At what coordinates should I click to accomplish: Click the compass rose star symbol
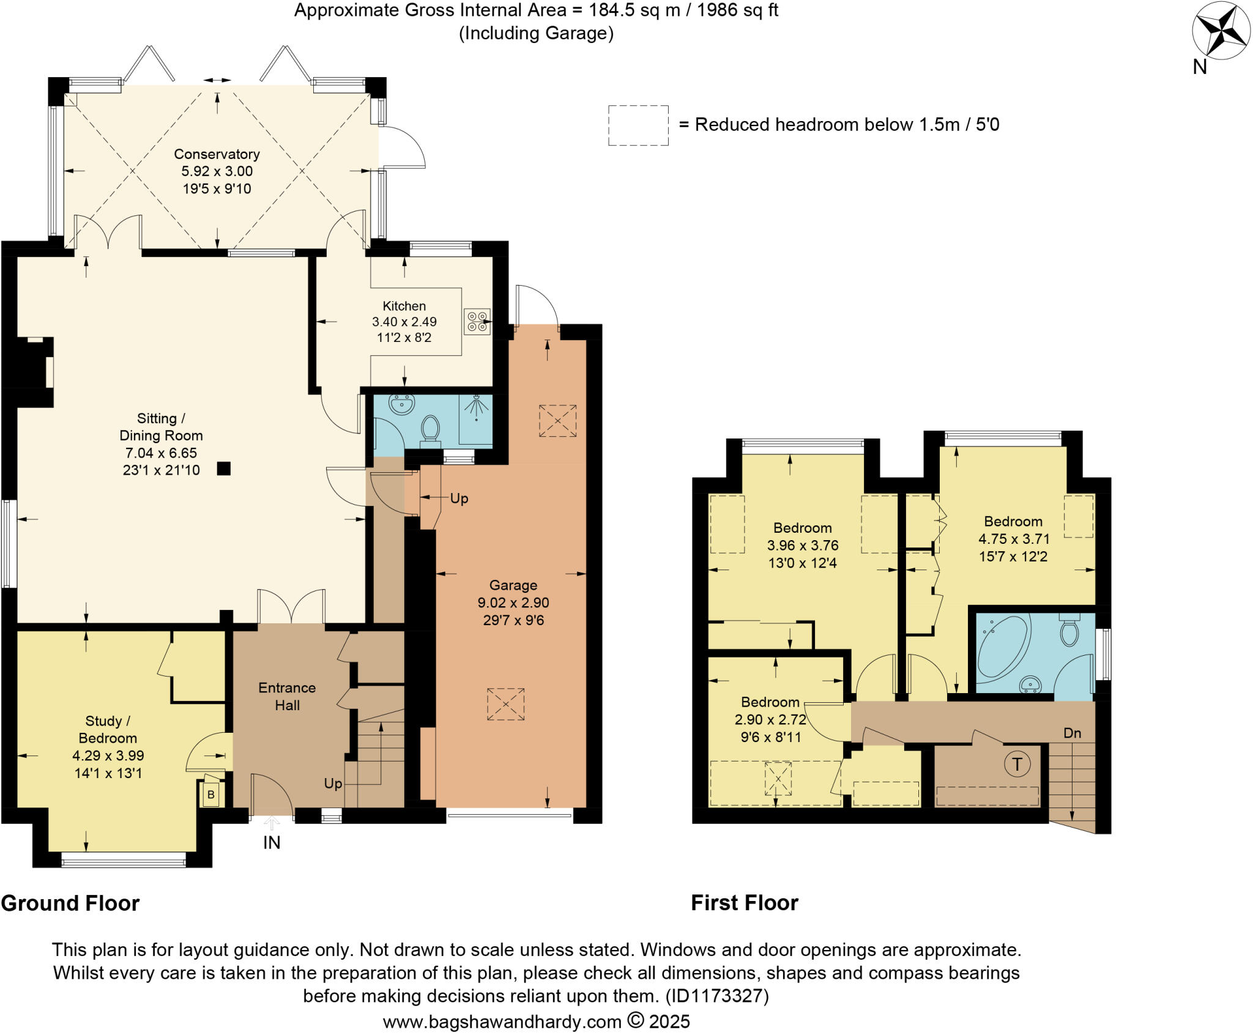[1221, 31]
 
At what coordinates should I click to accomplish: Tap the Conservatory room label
[217, 154]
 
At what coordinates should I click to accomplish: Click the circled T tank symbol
[1017, 764]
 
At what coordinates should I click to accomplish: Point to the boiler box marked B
[211, 795]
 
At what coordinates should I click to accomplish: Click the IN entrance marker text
[272, 843]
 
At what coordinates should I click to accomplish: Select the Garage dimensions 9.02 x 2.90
[513, 603]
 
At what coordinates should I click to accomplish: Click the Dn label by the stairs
[1072, 733]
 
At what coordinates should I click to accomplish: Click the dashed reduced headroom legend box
[638, 125]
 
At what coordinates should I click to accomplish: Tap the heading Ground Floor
[70, 903]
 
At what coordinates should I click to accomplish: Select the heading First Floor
[745, 903]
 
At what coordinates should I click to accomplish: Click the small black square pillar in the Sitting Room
[224, 469]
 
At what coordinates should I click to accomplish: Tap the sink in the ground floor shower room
[401, 404]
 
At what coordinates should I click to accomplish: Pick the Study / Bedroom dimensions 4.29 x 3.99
[108, 755]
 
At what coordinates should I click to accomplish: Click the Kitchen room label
[404, 306]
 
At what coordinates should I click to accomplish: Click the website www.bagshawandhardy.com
[502, 1021]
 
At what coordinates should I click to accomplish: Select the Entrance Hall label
[287, 696]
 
